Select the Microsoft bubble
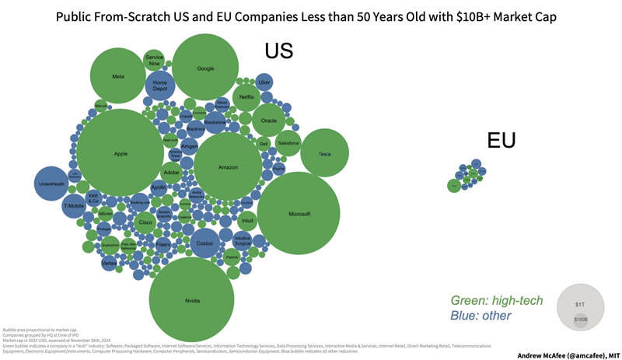pos(299,213)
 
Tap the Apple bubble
pos(121,154)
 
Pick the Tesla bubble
pos(325,154)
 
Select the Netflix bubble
pos(246,97)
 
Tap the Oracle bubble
pos(269,121)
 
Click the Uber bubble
pos(264,82)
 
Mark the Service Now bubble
pos(154,60)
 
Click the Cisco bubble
pos(145,222)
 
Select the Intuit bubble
pos(247,221)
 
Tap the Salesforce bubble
pos(288,143)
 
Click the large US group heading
pos(278,51)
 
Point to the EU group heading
pos(501,140)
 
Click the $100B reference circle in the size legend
pos(581,320)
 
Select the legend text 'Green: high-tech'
pos(497,300)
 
